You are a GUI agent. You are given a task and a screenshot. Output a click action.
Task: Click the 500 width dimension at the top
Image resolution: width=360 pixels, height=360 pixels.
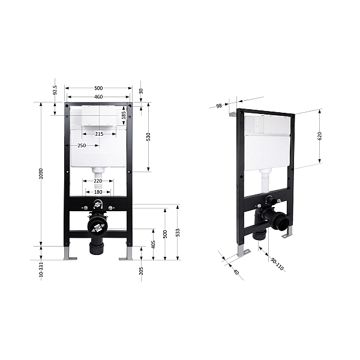pos(98,88)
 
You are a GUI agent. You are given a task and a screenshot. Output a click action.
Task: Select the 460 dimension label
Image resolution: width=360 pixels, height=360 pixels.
pos(98,97)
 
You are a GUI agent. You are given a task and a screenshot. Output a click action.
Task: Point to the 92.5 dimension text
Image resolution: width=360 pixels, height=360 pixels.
pos(55,90)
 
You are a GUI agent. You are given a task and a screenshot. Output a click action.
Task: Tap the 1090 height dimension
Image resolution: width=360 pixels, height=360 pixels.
pos(41,173)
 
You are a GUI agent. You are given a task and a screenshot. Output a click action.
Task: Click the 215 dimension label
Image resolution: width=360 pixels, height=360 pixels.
pos(99,134)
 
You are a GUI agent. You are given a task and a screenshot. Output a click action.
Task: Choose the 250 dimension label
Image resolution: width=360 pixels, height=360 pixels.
pos(82,146)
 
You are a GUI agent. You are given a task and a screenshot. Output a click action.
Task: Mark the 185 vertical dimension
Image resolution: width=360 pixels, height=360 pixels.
pos(124,115)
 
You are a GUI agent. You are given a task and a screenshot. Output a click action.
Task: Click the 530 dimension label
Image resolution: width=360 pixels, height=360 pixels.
pos(148,137)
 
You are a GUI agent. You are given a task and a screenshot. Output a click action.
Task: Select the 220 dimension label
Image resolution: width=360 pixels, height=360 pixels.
pos(98,181)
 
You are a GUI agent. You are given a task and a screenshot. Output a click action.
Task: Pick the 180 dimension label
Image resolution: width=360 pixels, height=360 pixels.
pos(98,192)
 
